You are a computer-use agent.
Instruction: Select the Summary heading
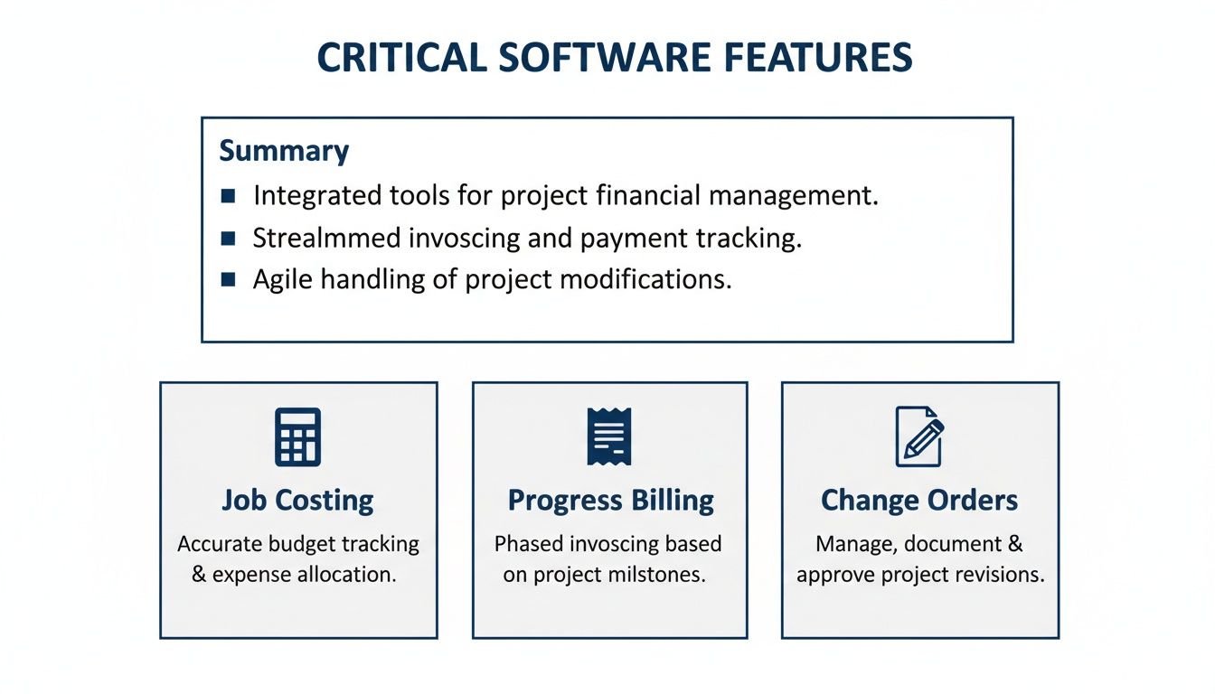(x=284, y=150)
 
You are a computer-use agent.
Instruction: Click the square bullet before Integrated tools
(x=228, y=195)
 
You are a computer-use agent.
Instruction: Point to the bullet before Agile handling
(x=228, y=280)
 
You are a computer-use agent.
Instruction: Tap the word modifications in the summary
(x=645, y=280)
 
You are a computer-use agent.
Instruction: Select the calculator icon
(x=297, y=437)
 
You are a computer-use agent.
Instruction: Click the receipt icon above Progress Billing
(x=609, y=436)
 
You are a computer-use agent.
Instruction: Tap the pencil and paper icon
(x=918, y=436)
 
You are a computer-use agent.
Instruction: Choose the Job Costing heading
(x=297, y=501)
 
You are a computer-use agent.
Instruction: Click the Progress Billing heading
(x=610, y=501)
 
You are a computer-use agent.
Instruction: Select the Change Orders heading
(x=918, y=501)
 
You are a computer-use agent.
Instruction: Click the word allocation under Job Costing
(x=350, y=575)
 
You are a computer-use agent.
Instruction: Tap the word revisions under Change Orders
(x=1001, y=575)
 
